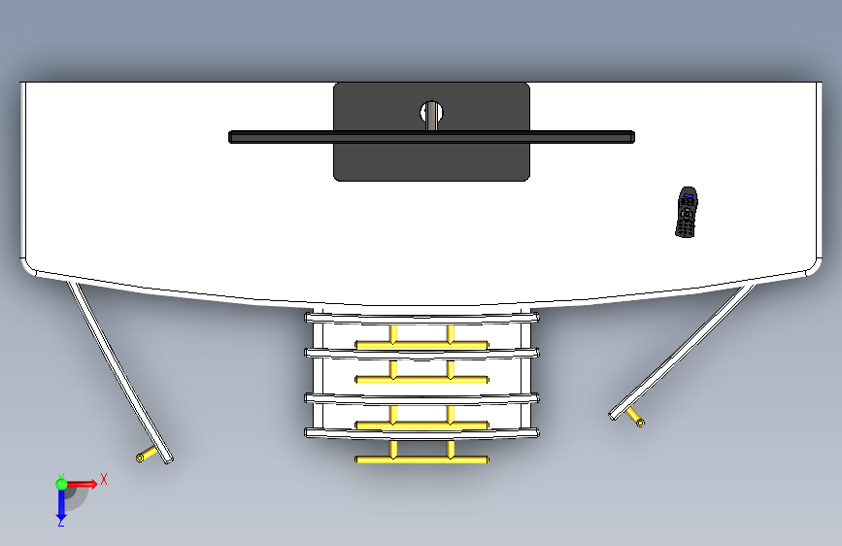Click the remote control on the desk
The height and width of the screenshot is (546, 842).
687,212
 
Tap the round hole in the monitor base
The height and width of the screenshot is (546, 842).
431,113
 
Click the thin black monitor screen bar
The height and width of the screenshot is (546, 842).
432,137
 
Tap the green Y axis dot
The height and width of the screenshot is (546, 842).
61,484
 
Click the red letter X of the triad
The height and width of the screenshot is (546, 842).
104,479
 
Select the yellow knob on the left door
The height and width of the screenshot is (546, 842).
147,455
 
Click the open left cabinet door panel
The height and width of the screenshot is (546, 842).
119,372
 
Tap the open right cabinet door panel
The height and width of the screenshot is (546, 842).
682,352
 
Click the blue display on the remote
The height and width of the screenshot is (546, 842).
689,195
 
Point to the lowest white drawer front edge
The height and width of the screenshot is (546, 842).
421,433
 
